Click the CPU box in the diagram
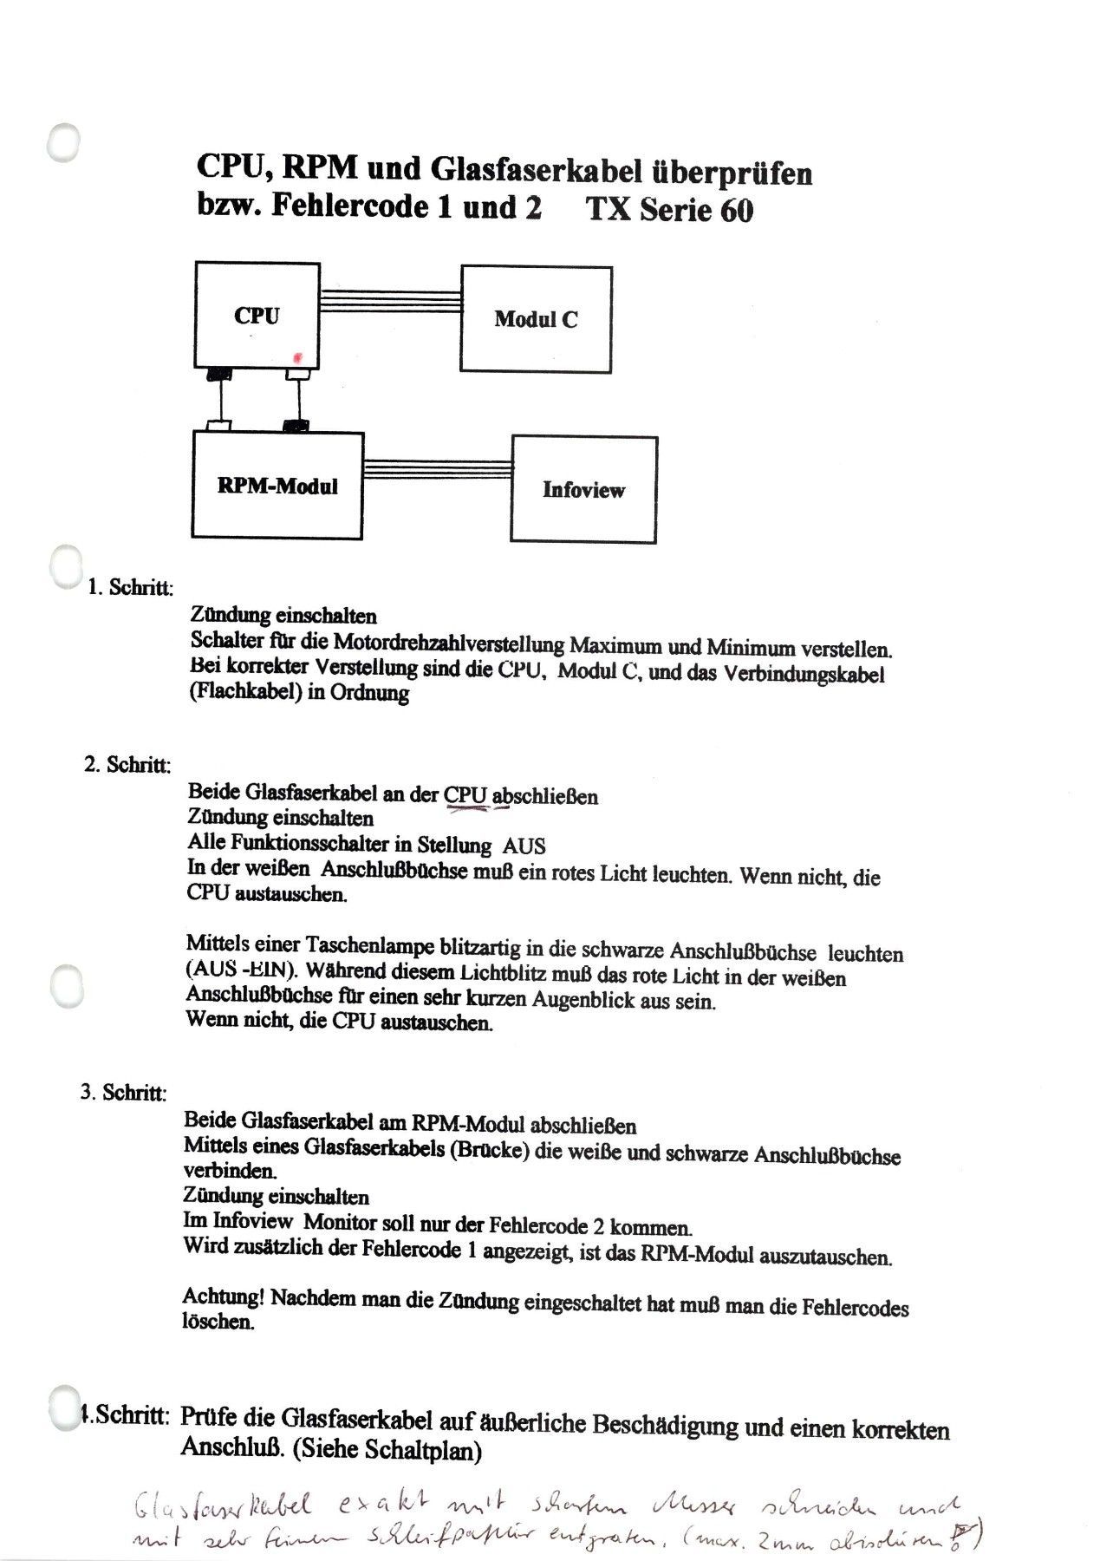pos(257,316)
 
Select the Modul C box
pos(536,319)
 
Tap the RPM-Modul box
pos(277,486)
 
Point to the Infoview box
pos(583,490)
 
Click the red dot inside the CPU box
pos(297,356)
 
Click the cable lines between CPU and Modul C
pos(390,300)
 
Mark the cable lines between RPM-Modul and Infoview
pos(438,469)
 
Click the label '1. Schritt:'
pos(130,588)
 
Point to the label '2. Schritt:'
pos(127,765)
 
